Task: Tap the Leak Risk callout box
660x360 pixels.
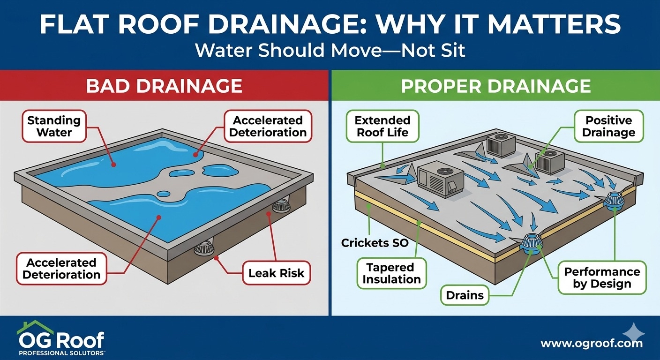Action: click(x=277, y=273)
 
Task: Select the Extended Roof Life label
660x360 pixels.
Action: click(x=383, y=127)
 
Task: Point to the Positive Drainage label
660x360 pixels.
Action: click(x=608, y=127)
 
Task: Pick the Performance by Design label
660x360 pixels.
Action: click(x=602, y=278)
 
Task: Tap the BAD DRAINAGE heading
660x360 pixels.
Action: click(x=164, y=86)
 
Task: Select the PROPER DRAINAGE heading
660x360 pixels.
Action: click(x=495, y=86)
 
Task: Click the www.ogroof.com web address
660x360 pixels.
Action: click(x=592, y=344)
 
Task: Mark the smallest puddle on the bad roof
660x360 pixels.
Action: click(x=164, y=194)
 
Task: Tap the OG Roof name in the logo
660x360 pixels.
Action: click(x=61, y=338)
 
